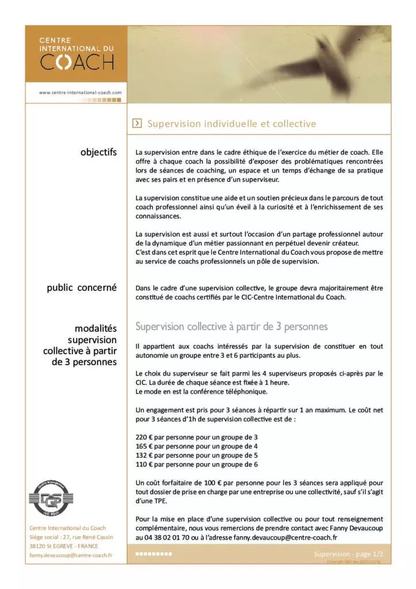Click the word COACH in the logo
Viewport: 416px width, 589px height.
coord(76,61)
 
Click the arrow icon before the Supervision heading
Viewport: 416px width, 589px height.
coord(137,124)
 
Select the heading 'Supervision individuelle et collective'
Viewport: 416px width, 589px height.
coord(232,124)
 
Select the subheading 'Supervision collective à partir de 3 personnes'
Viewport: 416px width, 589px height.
coord(231,327)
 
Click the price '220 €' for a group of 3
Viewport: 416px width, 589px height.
coord(144,437)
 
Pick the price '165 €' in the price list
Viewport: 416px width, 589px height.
coord(144,446)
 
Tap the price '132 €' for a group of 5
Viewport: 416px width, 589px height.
coord(144,455)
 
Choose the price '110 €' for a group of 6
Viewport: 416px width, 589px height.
coord(144,464)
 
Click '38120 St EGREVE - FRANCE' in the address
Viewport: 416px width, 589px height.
coord(64,546)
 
